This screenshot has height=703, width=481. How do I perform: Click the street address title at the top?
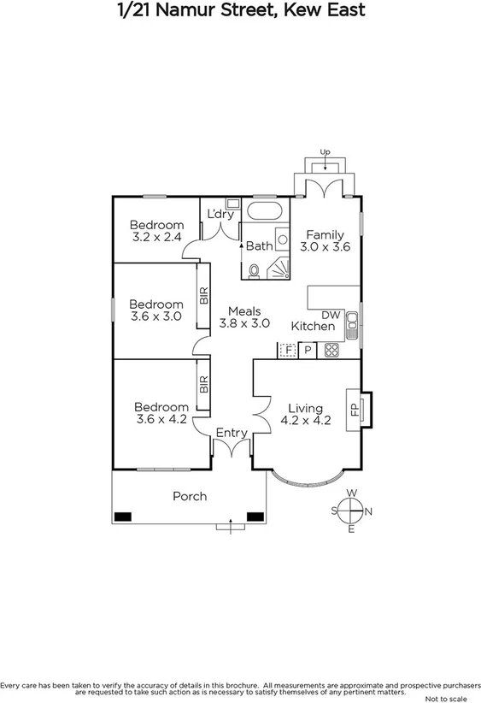pos(240,10)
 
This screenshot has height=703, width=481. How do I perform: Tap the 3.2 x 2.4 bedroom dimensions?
pos(156,237)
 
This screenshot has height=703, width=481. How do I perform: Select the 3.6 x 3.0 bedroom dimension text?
pos(156,316)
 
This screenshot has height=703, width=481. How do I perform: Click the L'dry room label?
pos(220,215)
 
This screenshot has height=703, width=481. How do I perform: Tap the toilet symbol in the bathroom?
pos(253,271)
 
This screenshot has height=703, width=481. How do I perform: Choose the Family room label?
pos(325,234)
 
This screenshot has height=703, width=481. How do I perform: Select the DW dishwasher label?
pos(331,315)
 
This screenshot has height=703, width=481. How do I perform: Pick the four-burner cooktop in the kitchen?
pos(331,350)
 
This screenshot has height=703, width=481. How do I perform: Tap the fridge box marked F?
pos(287,350)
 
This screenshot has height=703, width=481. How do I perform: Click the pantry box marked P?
pos(308,350)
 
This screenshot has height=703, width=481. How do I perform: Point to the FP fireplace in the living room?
pos(355,407)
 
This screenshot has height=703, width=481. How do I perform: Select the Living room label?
pos(305,408)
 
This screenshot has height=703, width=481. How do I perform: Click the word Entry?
pos(231,434)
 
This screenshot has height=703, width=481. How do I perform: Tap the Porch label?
pos(190,496)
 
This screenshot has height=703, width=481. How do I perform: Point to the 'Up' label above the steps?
pos(325,152)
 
